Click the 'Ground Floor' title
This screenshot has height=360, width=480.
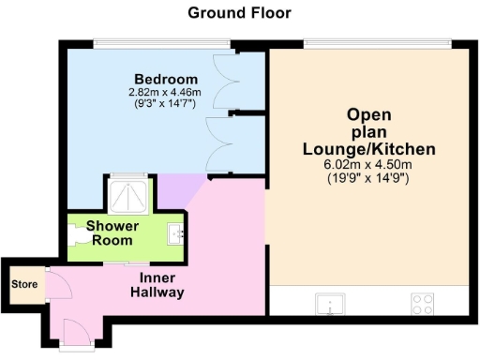[x=239, y=12]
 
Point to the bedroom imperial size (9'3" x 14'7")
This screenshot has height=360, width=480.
[x=166, y=105]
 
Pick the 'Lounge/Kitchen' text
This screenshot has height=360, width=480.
[x=368, y=149]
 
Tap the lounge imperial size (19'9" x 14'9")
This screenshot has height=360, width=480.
[x=368, y=177]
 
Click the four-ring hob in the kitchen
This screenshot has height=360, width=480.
[x=422, y=303]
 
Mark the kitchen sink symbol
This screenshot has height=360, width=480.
[x=329, y=303]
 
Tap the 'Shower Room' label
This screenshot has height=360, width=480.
[x=112, y=232]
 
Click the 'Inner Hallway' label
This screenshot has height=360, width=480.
[x=156, y=286]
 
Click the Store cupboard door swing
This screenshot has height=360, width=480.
[x=54, y=284]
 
